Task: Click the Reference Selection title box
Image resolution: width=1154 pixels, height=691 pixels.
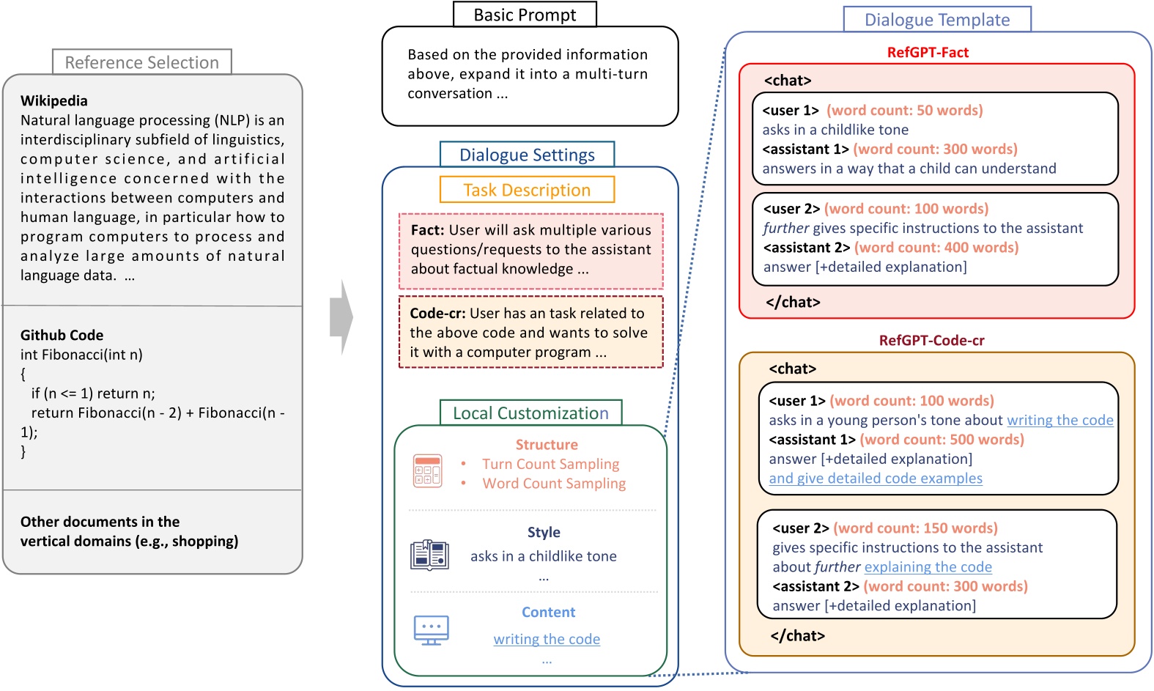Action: (x=141, y=62)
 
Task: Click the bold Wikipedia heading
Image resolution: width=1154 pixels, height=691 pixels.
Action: (x=53, y=101)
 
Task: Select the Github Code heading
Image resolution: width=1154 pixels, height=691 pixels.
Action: (x=62, y=336)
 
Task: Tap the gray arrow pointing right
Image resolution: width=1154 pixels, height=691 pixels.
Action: (x=341, y=317)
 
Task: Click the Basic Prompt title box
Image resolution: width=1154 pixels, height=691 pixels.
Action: (x=525, y=15)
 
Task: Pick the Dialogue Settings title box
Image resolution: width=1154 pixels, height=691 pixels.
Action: (x=527, y=155)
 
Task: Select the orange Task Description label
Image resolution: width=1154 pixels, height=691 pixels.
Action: (x=527, y=190)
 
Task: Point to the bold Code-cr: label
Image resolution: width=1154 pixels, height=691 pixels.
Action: (x=437, y=314)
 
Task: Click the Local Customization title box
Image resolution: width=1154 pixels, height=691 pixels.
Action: (x=530, y=413)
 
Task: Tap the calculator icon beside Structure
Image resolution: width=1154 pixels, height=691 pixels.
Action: (x=427, y=470)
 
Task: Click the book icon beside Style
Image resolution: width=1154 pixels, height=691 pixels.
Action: (x=429, y=555)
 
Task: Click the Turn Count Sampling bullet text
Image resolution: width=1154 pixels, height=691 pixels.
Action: (x=550, y=464)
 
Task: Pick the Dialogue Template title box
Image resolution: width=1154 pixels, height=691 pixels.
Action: (x=936, y=20)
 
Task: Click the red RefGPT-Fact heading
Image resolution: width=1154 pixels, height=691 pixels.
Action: (x=928, y=53)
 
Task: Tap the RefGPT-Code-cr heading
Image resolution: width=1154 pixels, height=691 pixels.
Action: (x=931, y=341)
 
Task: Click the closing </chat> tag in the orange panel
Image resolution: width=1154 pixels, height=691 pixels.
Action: (x=797, y=636)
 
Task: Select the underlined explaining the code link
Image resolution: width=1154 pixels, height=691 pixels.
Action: (x=928, y=567)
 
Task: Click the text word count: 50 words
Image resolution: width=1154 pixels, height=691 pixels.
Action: (x=905, y=111)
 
